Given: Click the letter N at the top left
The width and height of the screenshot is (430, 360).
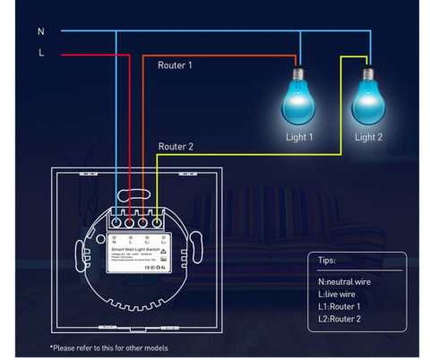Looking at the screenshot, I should coord(40,31).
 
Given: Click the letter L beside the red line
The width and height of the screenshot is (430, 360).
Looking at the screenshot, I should coord(40,53).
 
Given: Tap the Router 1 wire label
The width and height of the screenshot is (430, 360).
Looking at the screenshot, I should coord(175,65).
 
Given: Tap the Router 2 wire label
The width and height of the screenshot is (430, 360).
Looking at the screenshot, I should coord(175,146).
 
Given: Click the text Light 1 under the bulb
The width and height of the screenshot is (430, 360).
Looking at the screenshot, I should coord(299,137).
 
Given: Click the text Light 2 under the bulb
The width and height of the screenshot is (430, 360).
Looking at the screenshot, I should coord(368,137).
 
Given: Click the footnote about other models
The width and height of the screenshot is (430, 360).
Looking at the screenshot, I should coord(108,347).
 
